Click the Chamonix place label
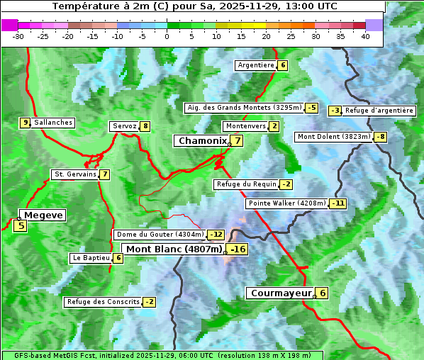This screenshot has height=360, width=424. point(202,141)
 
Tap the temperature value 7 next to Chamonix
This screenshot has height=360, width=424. point(238,141)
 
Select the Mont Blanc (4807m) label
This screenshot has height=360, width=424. point(174,249)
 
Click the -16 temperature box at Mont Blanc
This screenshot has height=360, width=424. point(238,249)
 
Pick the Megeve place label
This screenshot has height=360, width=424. point(43,215)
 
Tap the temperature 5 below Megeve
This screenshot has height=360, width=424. point(21,226)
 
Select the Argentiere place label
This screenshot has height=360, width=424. point(256,65)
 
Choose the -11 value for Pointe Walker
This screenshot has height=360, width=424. point(338,203)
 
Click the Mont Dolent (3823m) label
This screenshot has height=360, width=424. point(334,137)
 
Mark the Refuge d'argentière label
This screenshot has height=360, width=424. point(379,111)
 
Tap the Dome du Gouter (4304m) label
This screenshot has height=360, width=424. point(160,235)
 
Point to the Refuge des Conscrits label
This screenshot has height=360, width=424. point(103,302)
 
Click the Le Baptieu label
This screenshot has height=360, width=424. point(91,258)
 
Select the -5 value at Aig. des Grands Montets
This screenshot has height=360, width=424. point(312,108)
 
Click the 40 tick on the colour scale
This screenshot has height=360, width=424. point(365,36)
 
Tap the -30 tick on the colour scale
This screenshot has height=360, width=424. point(18,36)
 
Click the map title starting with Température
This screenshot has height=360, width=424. point(194,6)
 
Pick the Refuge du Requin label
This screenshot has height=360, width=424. point(246,184)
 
